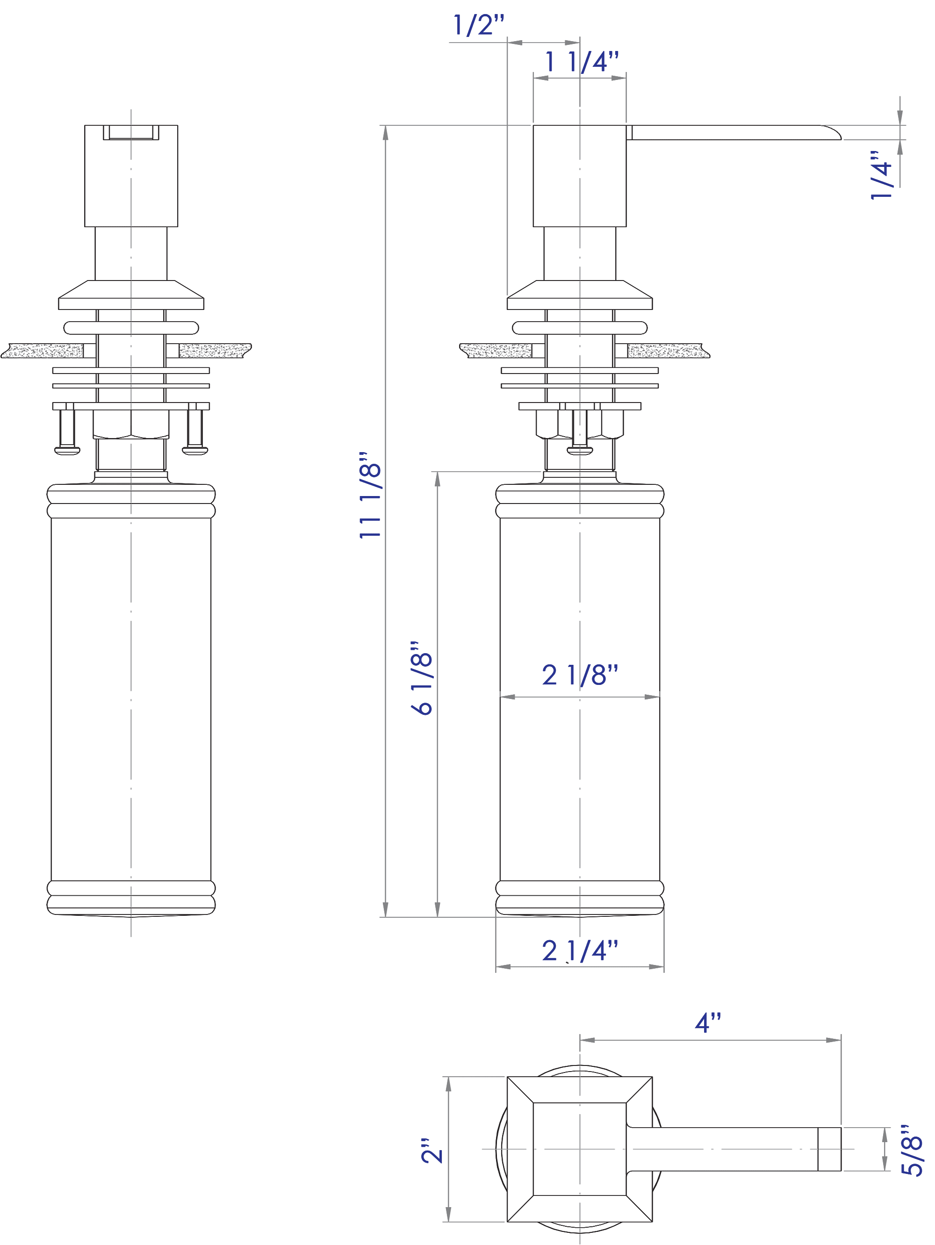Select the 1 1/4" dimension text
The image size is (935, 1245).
click(582, 61)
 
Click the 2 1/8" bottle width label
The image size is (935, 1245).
click(580, 675)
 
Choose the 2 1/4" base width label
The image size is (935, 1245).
click(580, 950)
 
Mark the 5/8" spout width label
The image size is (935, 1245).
click(912, 1151)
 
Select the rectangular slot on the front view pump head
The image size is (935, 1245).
click(131, 132)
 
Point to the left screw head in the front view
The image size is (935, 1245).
click(67, 450)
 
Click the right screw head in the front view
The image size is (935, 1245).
click(195, 450)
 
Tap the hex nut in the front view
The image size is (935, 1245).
click(130, 425)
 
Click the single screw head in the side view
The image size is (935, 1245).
click(580, 450)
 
